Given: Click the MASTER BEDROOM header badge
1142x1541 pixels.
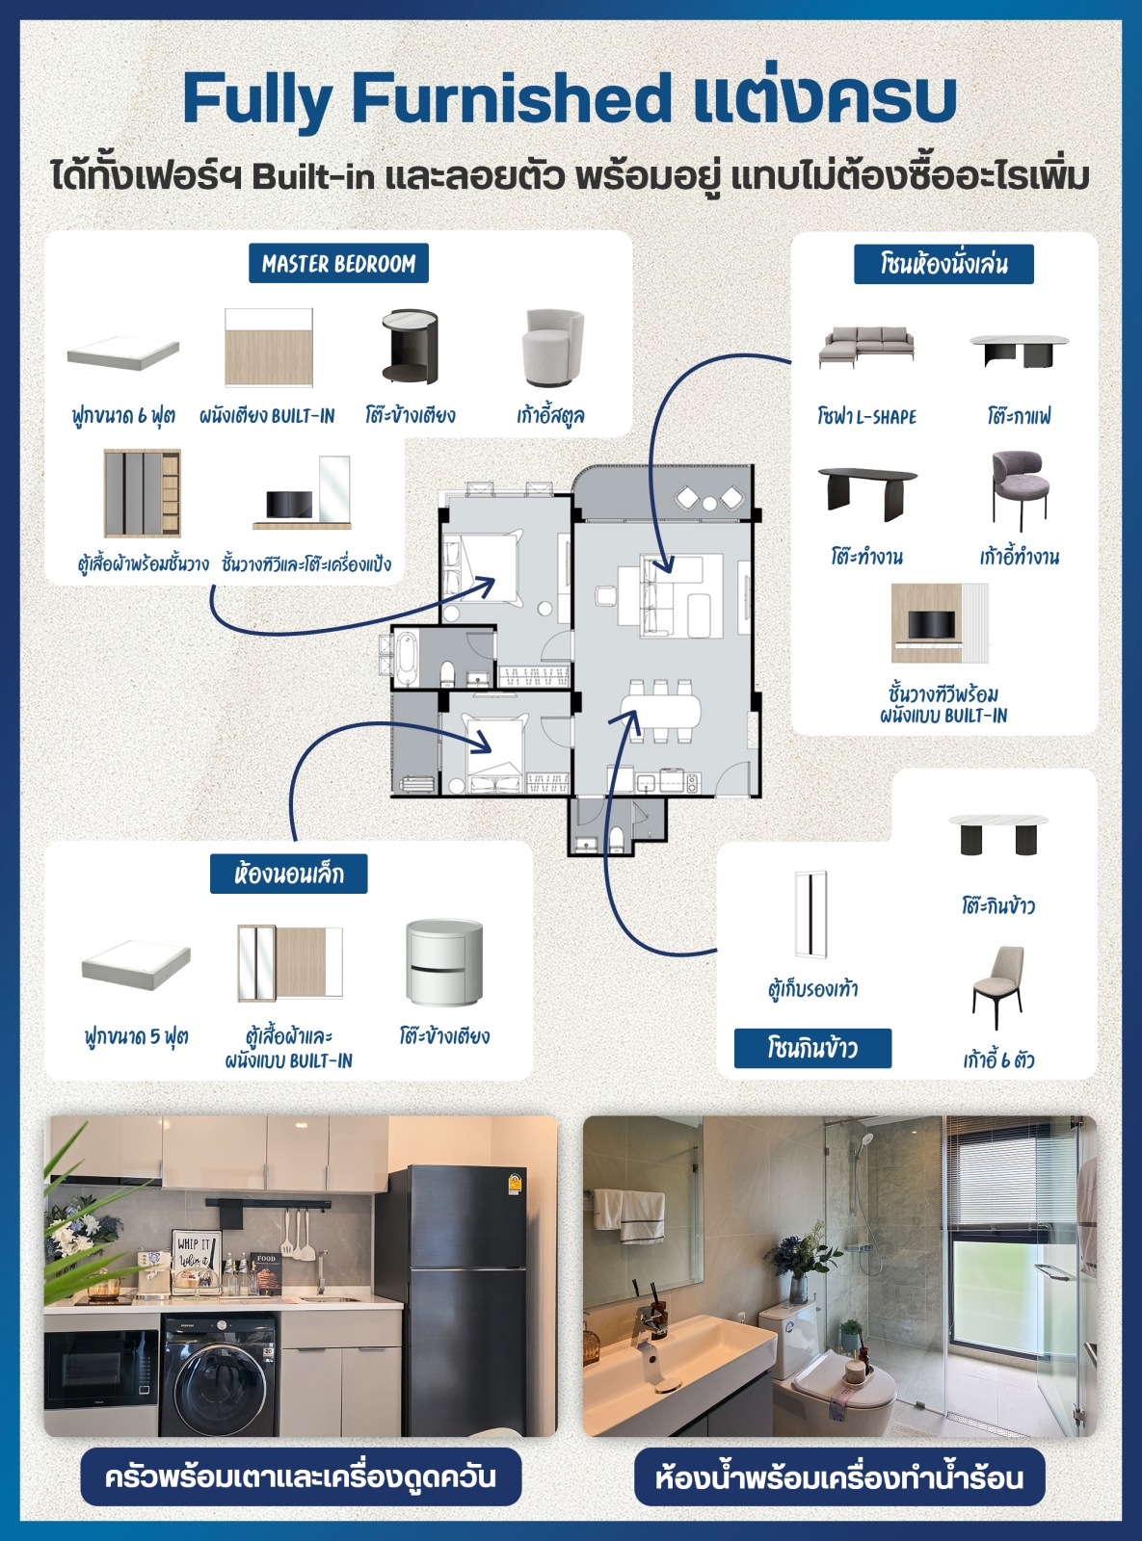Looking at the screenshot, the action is (338, 263).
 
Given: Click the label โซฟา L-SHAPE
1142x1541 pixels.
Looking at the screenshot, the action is (866, 417).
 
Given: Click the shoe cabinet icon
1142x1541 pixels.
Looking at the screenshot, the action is (810, 913).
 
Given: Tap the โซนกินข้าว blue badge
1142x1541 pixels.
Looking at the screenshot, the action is (812, 1048).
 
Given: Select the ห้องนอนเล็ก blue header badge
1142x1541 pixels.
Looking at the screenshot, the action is (288, 874).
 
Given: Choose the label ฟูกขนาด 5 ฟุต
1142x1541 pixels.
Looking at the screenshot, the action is (136, 1036).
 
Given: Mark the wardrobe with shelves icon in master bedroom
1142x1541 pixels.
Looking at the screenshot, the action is (143, 493).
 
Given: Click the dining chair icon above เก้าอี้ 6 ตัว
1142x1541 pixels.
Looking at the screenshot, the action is (997, 986).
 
